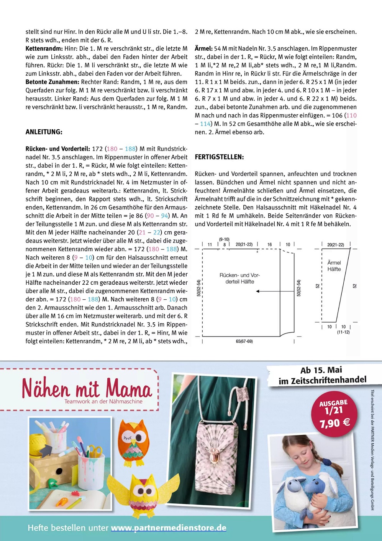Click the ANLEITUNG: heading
[44, 132]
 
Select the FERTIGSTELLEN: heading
[219, 157]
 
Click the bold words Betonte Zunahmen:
[52, 82]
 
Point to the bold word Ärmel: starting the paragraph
[203, 49]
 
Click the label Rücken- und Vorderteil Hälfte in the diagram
[239, 278]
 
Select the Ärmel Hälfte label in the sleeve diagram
[334, 266]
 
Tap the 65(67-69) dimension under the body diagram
[244, 341]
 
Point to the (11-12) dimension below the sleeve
[343, 332]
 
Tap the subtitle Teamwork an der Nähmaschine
[103, 402]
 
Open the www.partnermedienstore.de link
[169, 528]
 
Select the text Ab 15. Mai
[321, 370]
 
